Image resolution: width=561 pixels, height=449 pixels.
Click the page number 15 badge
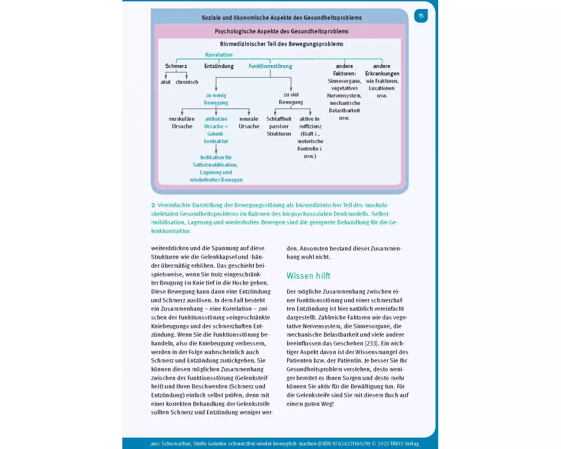(421, 16)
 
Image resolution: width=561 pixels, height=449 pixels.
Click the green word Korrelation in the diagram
(219, 55)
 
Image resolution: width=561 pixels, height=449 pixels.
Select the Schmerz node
(176, 66)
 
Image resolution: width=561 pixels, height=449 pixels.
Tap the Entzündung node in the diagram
(219, 66)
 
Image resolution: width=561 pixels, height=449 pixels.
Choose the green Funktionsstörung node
(270, 66)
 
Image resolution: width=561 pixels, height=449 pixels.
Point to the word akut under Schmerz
(165, 82)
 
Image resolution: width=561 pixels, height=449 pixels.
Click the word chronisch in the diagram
(187, 82)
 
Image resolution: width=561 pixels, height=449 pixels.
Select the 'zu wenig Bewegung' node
(216, 99)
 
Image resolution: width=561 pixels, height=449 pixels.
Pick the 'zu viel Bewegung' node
(291, 99)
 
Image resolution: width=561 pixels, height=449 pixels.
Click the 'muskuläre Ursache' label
(182, 122)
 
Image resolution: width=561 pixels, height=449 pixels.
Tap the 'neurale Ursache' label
(249, 122)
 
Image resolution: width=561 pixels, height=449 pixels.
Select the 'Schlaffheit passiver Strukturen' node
(279, 126)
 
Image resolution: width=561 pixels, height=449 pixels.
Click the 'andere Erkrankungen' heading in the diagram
(382, 70)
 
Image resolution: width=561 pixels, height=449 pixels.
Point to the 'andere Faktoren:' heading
(344, 70)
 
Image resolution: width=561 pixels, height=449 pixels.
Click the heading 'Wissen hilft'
(309, 276)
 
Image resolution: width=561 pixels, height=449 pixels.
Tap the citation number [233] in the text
(369, 342)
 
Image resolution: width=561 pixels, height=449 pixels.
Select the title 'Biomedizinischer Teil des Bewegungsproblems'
(282, 44)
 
